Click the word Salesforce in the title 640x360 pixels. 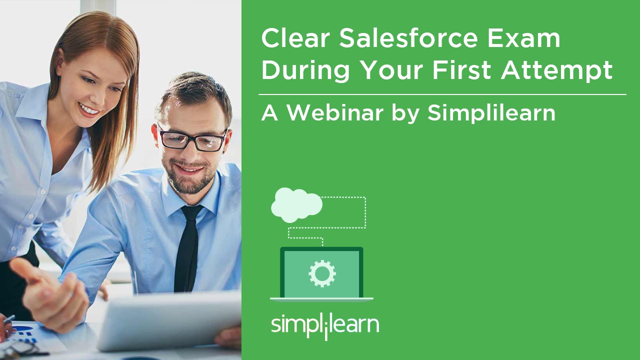point(408,38)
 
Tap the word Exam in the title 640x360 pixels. point(524,38)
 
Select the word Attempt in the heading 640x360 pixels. point(556,70)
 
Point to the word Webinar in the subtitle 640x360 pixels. point(335,112)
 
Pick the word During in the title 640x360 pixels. point(305,70)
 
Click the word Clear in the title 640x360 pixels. point(295,38)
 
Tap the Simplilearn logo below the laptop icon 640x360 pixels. point(325,325)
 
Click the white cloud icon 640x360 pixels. point(296,205)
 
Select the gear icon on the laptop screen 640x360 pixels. point(322,273)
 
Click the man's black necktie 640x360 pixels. point(187,248)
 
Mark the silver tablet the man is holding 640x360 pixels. point(169,320)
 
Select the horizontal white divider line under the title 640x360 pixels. point(442,94)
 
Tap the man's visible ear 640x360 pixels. point(155,134)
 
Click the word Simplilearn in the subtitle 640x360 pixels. point(491,112)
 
